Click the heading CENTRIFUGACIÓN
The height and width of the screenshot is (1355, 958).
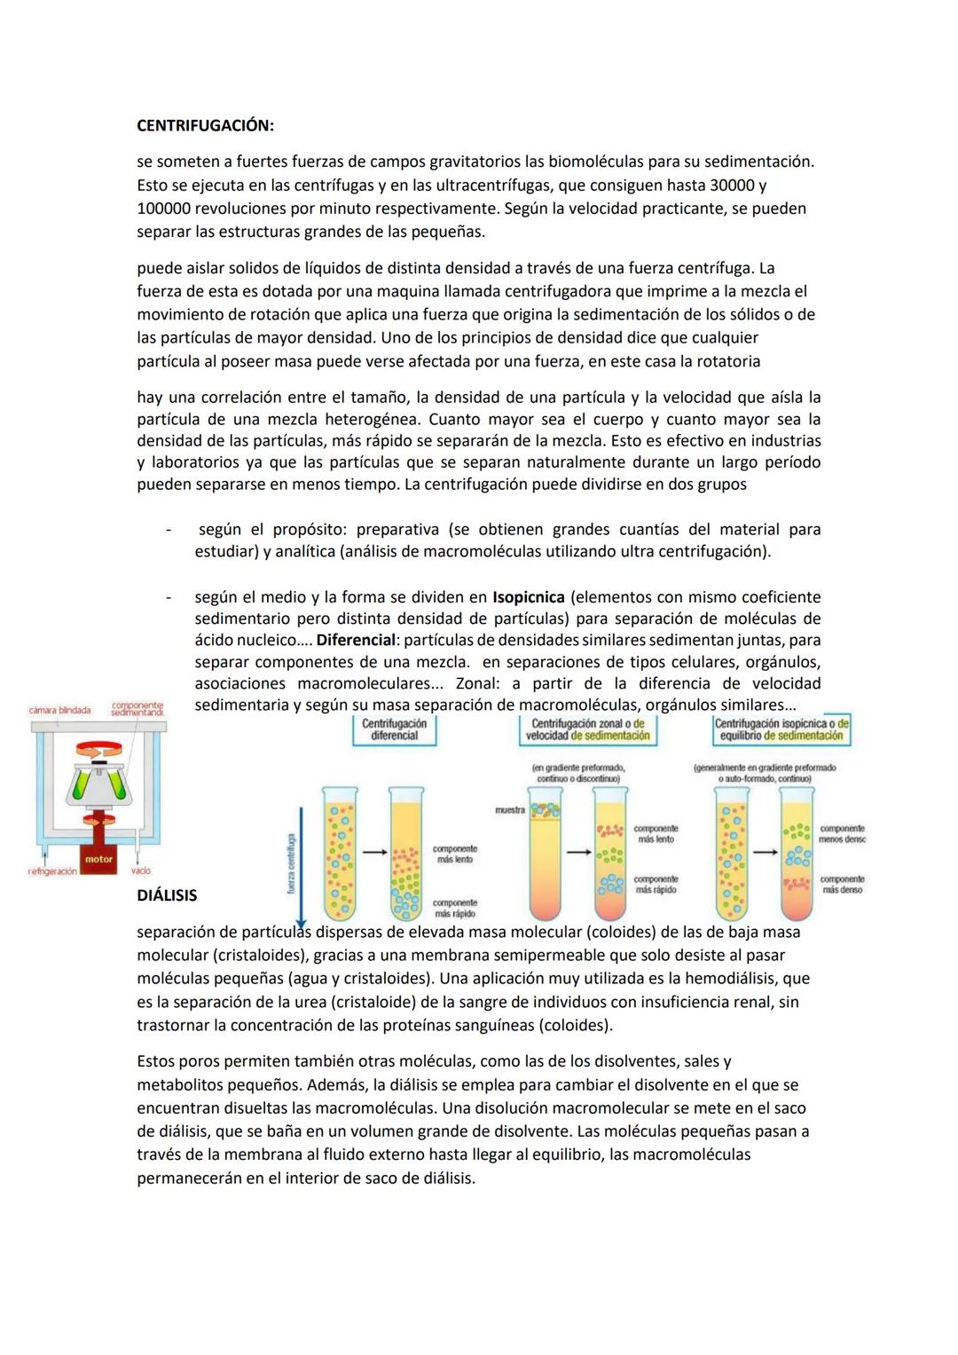tap(205, 126)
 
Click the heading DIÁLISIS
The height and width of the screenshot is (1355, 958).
tap(167, 895)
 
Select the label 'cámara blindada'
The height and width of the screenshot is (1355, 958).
tap(59, 710)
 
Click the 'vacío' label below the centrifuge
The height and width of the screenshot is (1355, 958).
tap(141, 871)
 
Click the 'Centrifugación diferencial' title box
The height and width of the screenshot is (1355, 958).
tap(394, 729)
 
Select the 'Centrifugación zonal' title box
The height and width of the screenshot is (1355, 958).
tap(587, 729)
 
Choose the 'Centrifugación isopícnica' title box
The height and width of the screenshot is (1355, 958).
tap(781, 729)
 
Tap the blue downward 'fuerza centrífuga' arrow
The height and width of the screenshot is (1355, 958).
tap(302, 861)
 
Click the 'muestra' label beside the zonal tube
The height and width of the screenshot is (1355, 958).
tap(509, 809)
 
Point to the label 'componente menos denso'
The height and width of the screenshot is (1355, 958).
tap(842, 833)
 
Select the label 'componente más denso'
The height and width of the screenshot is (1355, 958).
tap(842, 884)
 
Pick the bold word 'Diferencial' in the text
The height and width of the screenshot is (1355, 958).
tap(356, 640)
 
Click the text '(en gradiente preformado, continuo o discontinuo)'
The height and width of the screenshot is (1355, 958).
tap(578, 772)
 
